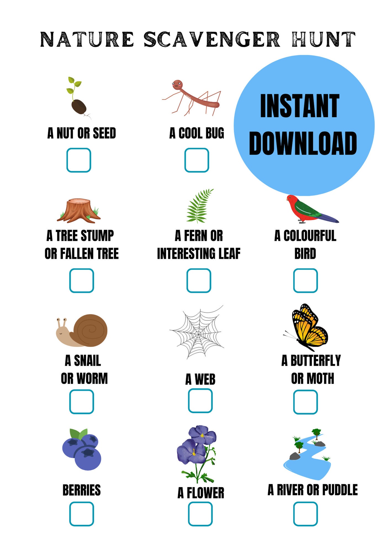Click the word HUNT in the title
[323, 39]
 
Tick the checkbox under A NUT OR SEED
[79, 160]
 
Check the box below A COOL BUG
[197, 160]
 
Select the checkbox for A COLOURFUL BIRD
[305, 280]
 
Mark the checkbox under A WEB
[200, 401]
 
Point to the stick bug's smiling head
[177, 84]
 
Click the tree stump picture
[79, 210]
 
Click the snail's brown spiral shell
[91, 330]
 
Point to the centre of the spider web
[198, 333]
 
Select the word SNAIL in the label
[87, 361]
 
